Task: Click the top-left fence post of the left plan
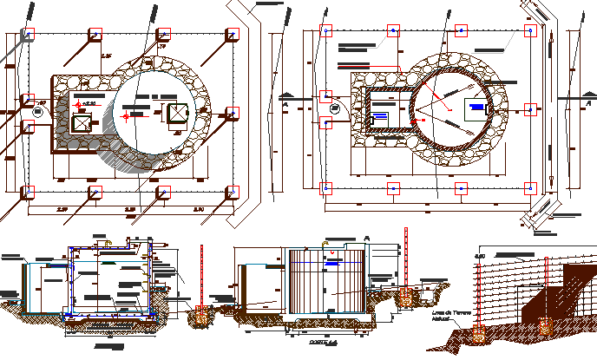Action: pyautogui.click(x=29, y=34)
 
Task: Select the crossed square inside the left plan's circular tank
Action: pyautogui.click(x=177, y=113)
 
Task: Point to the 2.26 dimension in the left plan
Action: pyautogui.click(x=107, y=56)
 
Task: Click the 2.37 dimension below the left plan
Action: pyautogui.click(x=62, y=210)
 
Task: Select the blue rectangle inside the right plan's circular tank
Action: pyautogui.click(x=476, y=109)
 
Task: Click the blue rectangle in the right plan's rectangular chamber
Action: pyautogui.click(x=380, y=116)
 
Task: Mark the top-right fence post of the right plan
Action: pyautogui.click(x=530, y=30)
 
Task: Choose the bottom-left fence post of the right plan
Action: pyautogui.click(x=326, y=187)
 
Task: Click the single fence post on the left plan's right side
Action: pyautogui.click(x=233, y=113)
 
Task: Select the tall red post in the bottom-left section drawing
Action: pyautogui.click(x=201, y=278)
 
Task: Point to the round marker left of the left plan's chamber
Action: pyautogui.click(x=37, y=112)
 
